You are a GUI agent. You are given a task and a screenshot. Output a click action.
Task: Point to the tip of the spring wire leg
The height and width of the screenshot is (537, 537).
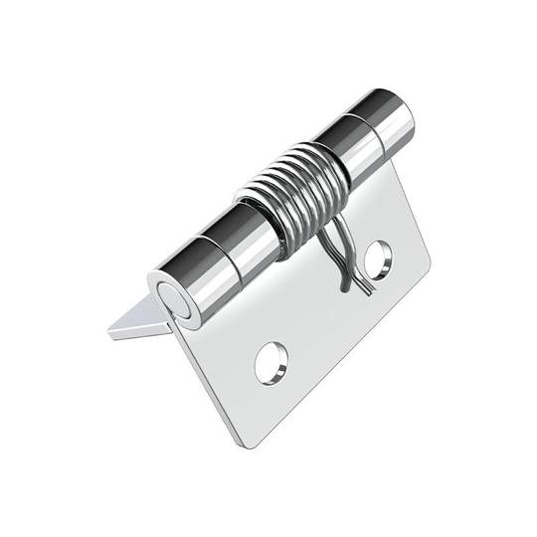[343, 291]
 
